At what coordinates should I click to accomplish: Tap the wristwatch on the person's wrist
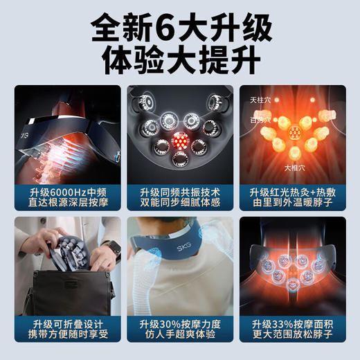click(111, 251)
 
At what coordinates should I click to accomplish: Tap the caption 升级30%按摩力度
click(180, 323)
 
